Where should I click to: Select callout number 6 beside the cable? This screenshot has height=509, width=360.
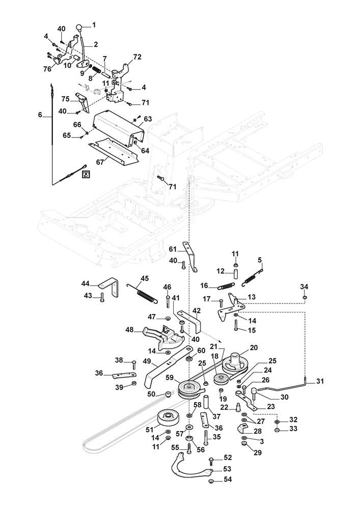(40, 116)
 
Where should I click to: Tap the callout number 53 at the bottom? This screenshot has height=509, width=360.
(227, 468)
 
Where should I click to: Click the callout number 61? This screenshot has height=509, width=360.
(172, 249)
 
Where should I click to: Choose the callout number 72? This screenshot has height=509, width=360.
(137, 56)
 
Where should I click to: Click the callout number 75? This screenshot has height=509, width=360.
(65, 99)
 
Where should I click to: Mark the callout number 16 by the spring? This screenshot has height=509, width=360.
(203, 286)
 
